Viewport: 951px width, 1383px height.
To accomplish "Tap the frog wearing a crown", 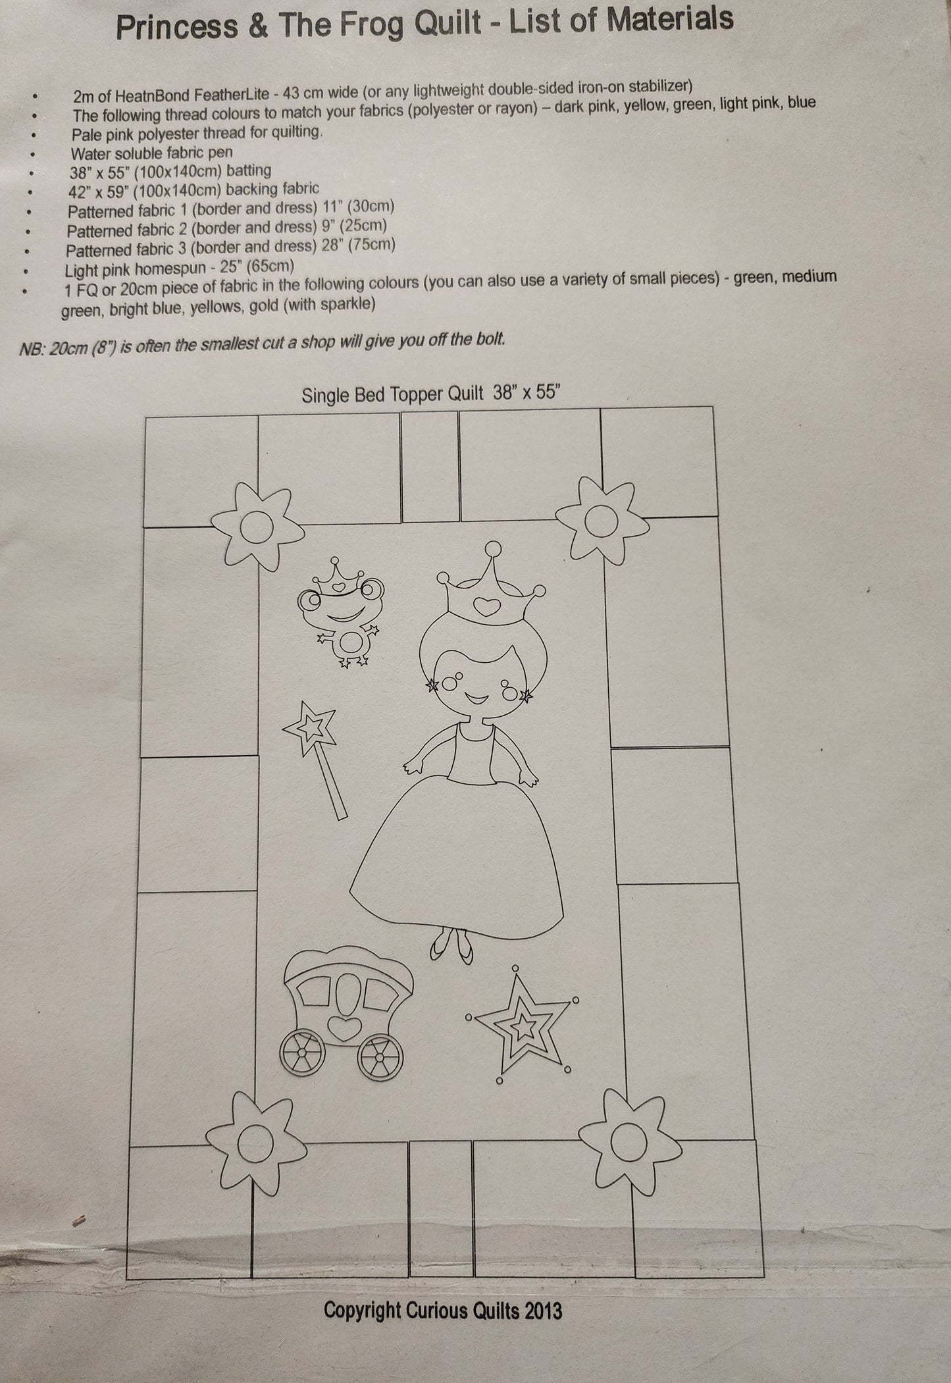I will (340, 613).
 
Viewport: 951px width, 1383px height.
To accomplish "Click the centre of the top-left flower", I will (255, 526).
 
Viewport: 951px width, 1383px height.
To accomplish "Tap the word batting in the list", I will (248, 170).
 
